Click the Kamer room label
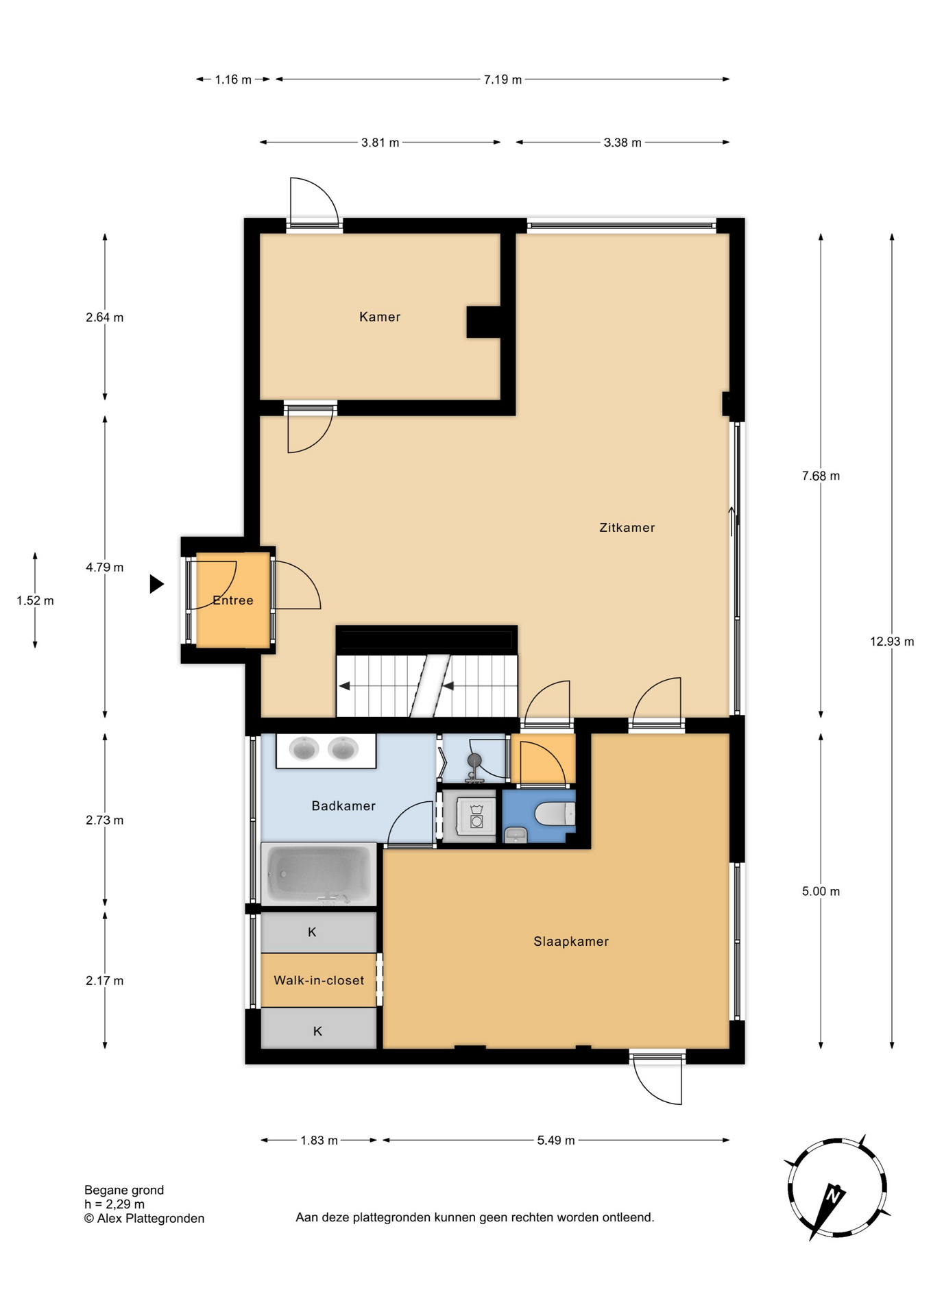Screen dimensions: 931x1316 pos(380,317)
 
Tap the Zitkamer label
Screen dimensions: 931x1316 pos(627,528)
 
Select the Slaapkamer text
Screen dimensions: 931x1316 pos(571,942)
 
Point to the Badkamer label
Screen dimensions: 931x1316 pos(343,806)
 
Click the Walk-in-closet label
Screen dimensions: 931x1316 pos(319,981)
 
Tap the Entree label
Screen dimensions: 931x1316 pos(233,600)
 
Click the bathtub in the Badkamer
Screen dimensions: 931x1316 pos(319,875)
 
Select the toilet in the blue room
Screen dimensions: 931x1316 pos(555,814)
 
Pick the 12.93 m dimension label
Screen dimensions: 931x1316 pos(892,642)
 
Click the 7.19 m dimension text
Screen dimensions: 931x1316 pos(503,80)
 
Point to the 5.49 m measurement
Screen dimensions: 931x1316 pos(556,1141)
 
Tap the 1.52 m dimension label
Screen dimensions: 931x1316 pos(35,601)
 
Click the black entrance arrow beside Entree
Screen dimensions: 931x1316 pos(157,584)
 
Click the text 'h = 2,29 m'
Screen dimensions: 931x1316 pos(114,1204)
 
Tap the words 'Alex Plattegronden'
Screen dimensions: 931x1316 pos(151,1218)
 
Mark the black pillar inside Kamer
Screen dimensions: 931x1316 pos(484,322)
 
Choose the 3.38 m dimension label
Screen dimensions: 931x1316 pos(622,143)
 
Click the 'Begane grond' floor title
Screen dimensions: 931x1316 pos(124,1191)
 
